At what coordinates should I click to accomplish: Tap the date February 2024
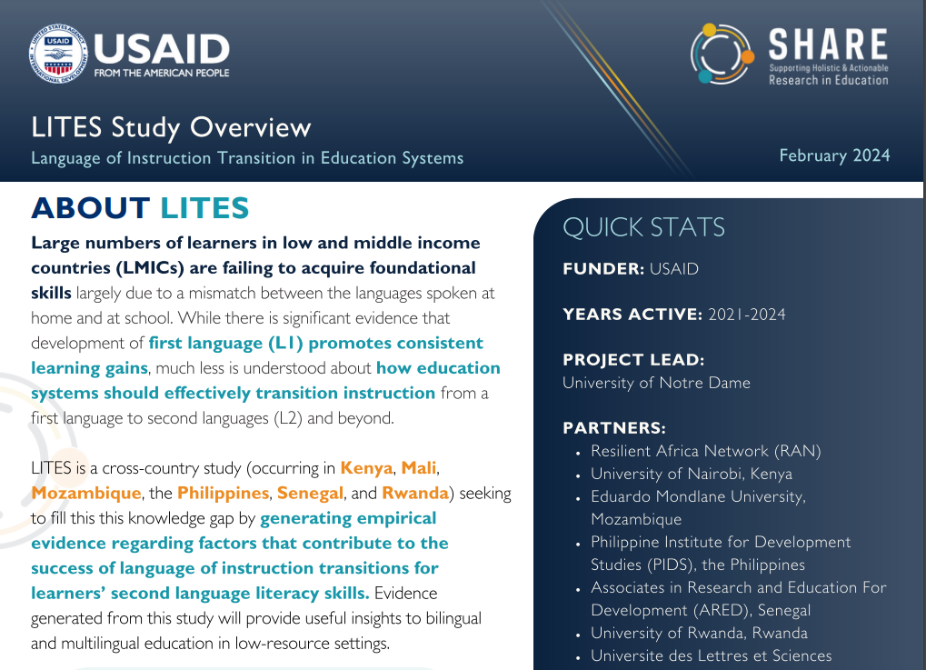[834, 155]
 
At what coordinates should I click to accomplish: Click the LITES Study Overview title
[171, 126]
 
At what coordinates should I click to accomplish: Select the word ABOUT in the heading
[90, 208]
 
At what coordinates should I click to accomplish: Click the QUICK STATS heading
[643, 227]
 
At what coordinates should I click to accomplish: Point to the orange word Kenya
[366, 469]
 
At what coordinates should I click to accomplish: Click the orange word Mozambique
[86, 493]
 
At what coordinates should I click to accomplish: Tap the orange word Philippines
[223, 493]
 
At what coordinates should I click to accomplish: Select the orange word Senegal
[309, 493]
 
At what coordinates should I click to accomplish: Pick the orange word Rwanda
[414, 493]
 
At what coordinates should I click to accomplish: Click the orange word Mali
[418, 469]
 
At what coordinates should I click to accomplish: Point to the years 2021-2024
[746, 315]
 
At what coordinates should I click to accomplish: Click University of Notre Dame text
[656, 383]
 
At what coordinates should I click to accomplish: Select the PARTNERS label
[614, 427]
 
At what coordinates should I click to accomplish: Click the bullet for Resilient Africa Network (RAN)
[579, 452]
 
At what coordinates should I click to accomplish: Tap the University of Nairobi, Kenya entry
[691, 474]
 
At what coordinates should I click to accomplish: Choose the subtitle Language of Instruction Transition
[247, 158]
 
